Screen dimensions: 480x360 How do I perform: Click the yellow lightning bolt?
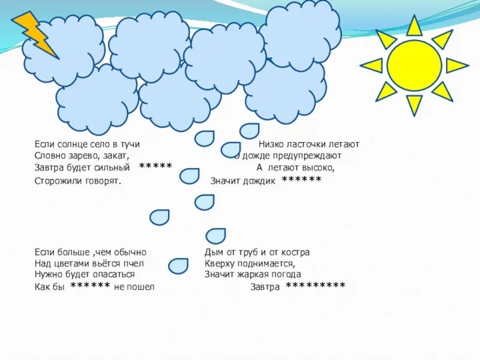point(35,34)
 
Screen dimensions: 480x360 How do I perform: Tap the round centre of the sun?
point(414,65)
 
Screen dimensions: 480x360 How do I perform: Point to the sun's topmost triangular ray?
point(414,26)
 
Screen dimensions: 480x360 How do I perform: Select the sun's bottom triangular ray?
point(414,104)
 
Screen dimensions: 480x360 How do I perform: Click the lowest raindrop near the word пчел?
point(178,265)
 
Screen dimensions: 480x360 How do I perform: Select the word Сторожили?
point(56,179)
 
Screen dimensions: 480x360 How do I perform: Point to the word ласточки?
point(304,145)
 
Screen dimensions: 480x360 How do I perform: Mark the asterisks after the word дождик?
point(301,179)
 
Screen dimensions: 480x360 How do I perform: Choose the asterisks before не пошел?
point(90,286)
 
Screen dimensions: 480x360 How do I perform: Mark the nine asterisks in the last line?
point(315,286)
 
